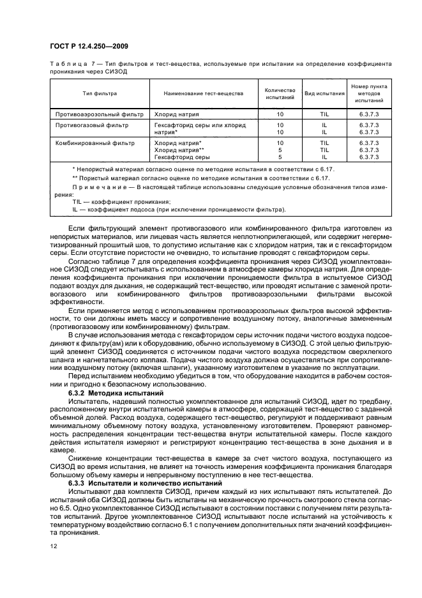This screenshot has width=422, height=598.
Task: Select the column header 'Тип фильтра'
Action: point(100,93)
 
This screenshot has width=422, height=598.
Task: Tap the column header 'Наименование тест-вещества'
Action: point(203,93)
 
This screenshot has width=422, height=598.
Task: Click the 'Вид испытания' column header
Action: point(324,93)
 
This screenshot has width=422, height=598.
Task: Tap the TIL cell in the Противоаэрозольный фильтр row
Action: point(324,114)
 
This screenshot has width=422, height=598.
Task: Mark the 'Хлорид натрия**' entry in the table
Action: point(179,149)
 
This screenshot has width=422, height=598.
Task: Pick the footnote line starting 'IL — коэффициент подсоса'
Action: point(179,209)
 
